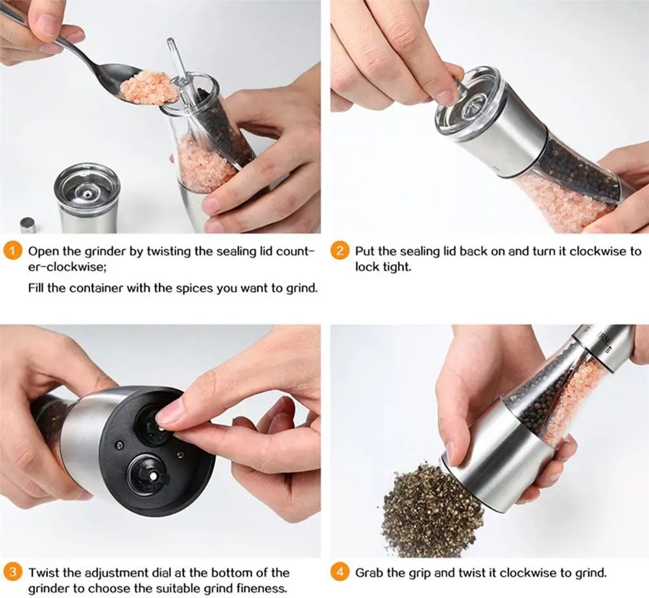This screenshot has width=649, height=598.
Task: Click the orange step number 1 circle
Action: click(13, 252)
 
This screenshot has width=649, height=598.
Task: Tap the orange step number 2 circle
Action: click(340, 252)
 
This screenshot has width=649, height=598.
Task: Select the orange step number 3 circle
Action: click(13, 573)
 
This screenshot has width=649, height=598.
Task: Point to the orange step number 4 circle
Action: click(340, 573)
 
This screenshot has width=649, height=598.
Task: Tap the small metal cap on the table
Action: click(28, 225)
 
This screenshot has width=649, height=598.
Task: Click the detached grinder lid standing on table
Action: click(88, 198)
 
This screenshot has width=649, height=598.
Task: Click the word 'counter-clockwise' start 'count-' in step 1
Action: click(295, 252)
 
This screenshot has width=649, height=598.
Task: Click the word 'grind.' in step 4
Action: click(591, 573)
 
